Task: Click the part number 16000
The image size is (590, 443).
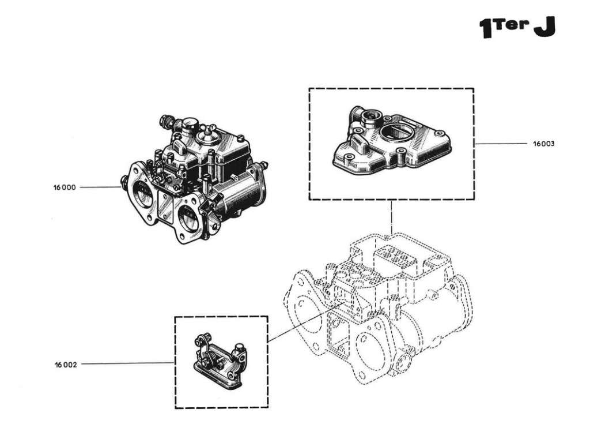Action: click(x=65, y=187)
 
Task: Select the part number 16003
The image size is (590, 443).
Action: click(x=543, y=144)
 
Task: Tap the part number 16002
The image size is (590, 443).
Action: click(x=65, y=365)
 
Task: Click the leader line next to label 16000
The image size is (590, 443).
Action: click(x=99, y=187)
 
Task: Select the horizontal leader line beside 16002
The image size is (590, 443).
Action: click(x=127, y=364)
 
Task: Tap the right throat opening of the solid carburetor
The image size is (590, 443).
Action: click(x=187, y=218)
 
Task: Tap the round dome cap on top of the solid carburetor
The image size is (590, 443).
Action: click(x=205, y=137)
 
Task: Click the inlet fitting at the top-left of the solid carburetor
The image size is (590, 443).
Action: click(x=167, y=123)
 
